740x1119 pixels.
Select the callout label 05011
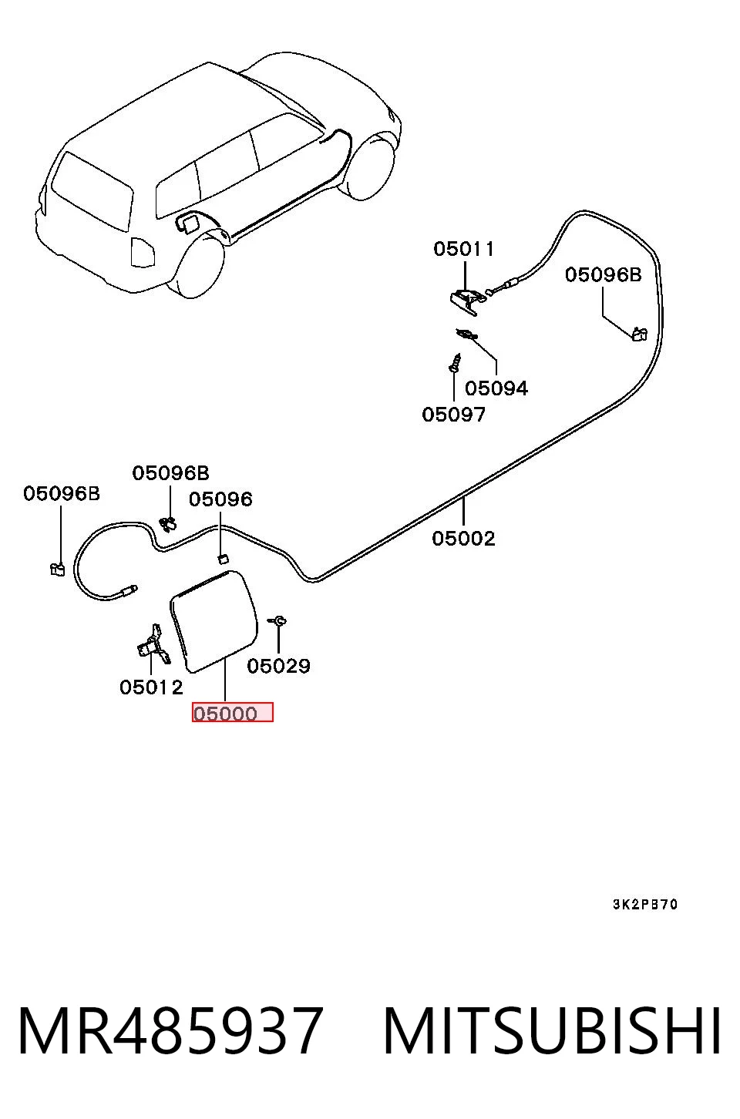tap(464, 249)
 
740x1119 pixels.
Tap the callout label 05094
tap(496, 388)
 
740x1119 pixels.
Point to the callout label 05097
tap(453, 415)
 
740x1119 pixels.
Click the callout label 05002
tap(463, 539)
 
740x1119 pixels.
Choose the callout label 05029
tap(278, 666)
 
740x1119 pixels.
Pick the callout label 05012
tap(151, 687)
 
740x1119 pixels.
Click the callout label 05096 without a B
tap(220, 499)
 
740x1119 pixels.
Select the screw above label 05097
tap(455, 363)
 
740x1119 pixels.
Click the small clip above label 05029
tap(277, 621)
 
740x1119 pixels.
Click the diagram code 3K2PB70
tap(645, 905)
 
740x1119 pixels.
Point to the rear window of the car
tap(92, 191)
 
